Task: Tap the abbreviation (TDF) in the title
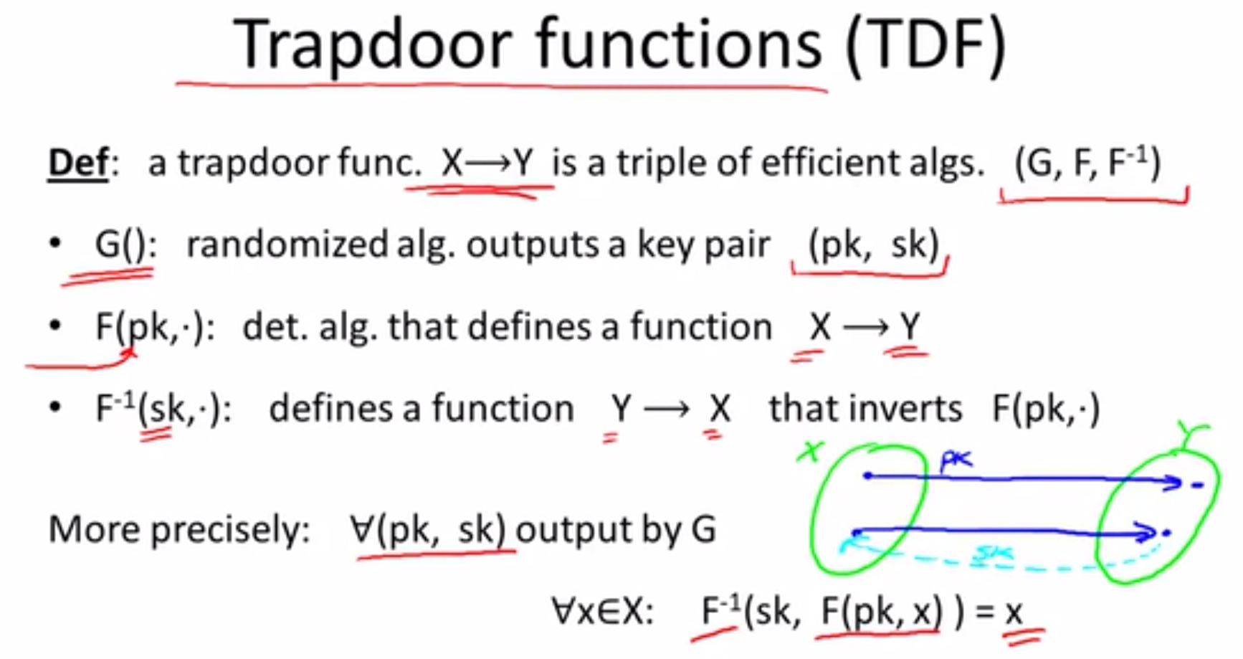point(926,45)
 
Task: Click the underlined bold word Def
point(78,163)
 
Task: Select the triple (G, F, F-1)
point(1087,163)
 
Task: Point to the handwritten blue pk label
point(956,460)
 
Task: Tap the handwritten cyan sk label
point(994,553)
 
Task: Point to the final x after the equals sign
point(1013,612)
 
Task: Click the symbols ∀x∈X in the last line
point(602,612)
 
